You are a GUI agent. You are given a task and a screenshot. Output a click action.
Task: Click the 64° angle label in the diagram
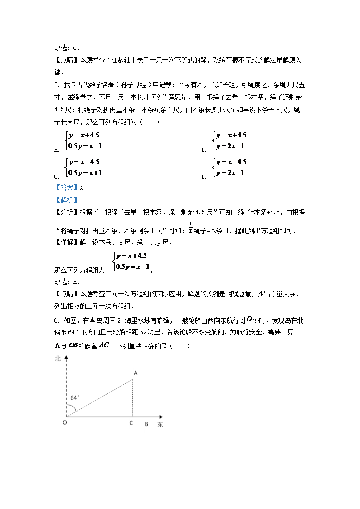74,398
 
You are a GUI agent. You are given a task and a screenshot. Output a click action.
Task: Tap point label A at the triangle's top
134,373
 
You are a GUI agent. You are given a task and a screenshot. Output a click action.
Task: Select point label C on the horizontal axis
131,423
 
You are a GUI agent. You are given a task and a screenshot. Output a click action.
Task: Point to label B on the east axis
146,424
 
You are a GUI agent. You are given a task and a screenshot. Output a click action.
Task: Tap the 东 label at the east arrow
160,425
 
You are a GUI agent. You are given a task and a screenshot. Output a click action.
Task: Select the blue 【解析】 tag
66,199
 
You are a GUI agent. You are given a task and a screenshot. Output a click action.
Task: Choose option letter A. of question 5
57,150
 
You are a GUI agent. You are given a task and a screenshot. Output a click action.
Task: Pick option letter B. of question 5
204,150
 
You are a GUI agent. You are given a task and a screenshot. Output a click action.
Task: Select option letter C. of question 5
57,177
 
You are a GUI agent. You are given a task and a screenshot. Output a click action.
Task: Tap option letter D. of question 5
204,177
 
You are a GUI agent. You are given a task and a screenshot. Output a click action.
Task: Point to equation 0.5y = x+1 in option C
85,172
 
